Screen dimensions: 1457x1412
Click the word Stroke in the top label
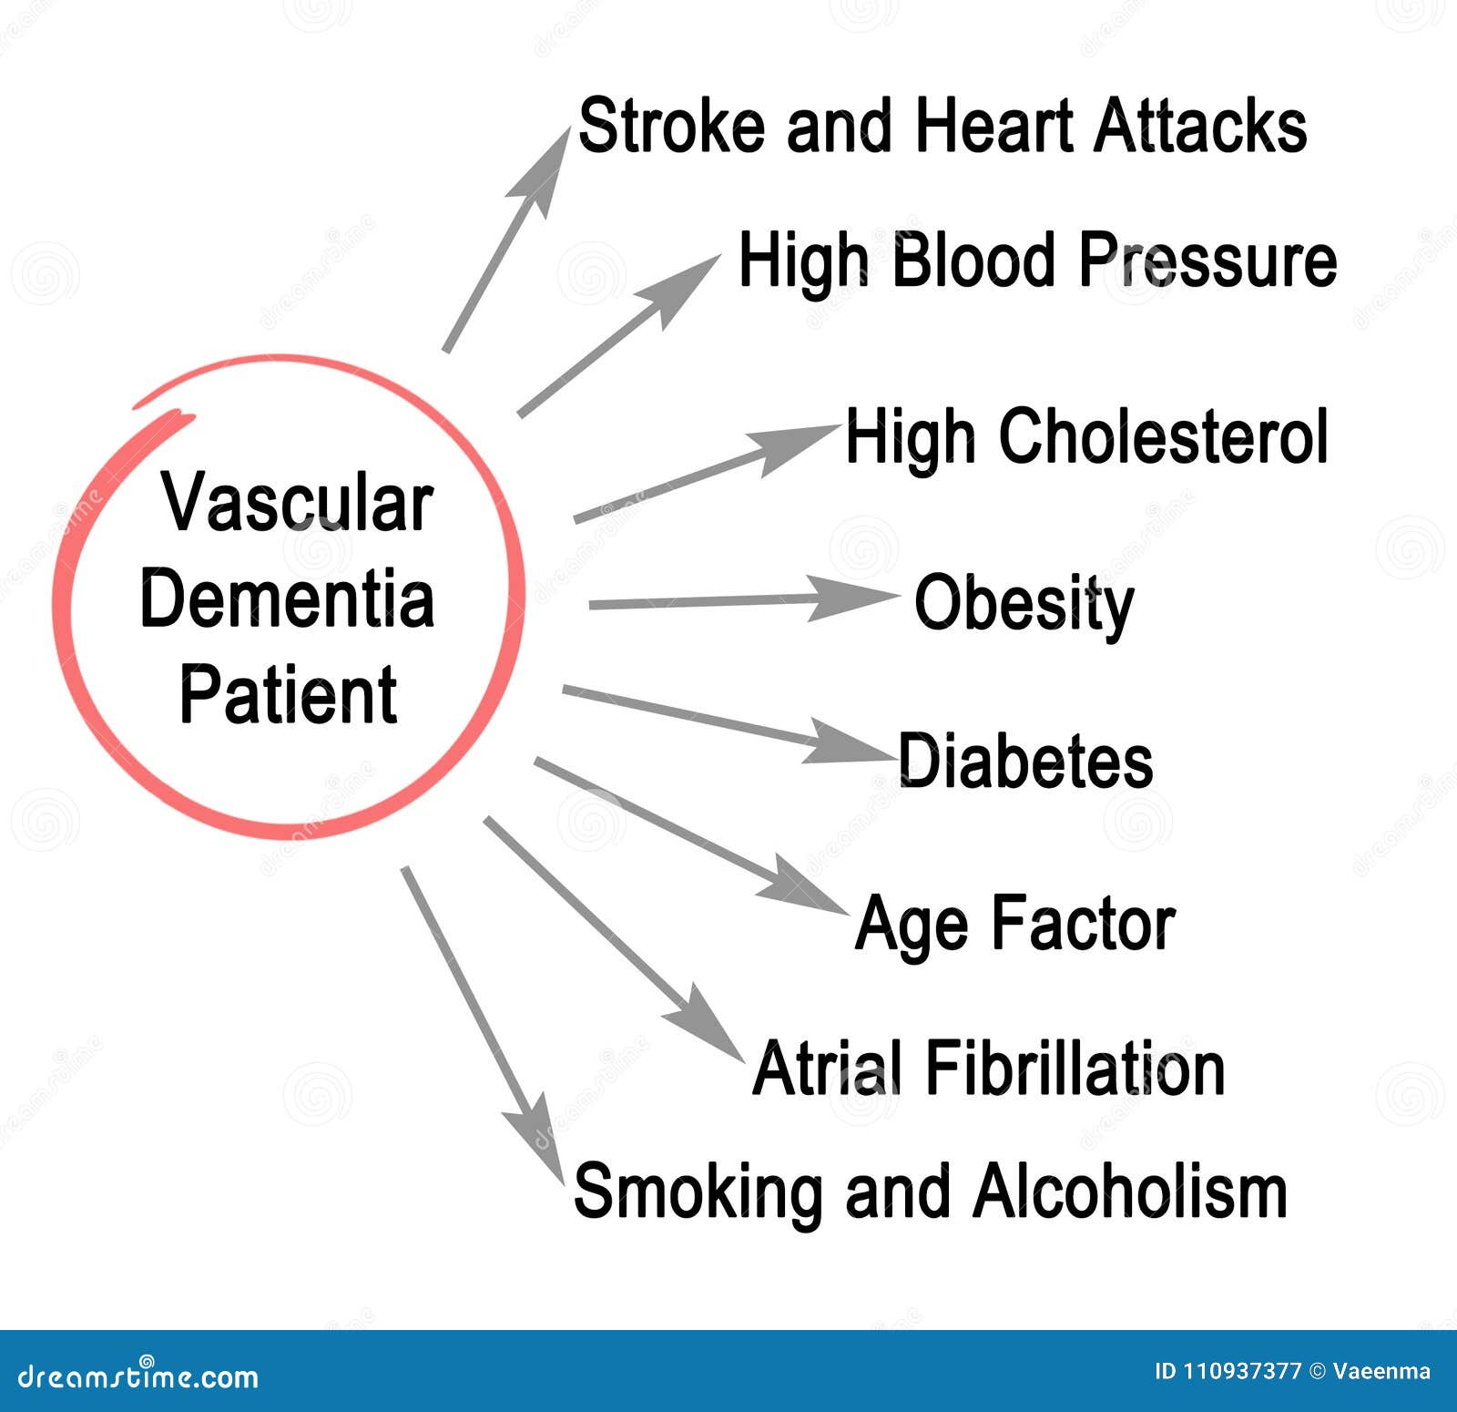tap(671, 126)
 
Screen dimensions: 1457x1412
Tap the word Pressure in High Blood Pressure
tap(1207, 261)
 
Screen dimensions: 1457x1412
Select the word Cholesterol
tap(1164, 436)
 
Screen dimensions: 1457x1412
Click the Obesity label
tap(1024, 604)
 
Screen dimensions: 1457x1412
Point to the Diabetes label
tap(1026, 761)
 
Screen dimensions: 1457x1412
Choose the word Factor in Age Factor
tap(1083, 924)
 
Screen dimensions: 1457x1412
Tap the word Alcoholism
tap(1130, 1190)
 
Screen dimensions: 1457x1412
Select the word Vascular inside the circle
tap(297, 503)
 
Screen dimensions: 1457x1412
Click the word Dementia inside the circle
tap(287, 599)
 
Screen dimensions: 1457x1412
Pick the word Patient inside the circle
tap(288, 694)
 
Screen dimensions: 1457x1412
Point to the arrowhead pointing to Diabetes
tap(849, 742)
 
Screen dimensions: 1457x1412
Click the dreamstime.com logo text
tap(138, 1375)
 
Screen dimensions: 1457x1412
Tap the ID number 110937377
tap(1241, 1371)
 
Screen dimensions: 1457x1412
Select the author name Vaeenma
tap(1381, 1371)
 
